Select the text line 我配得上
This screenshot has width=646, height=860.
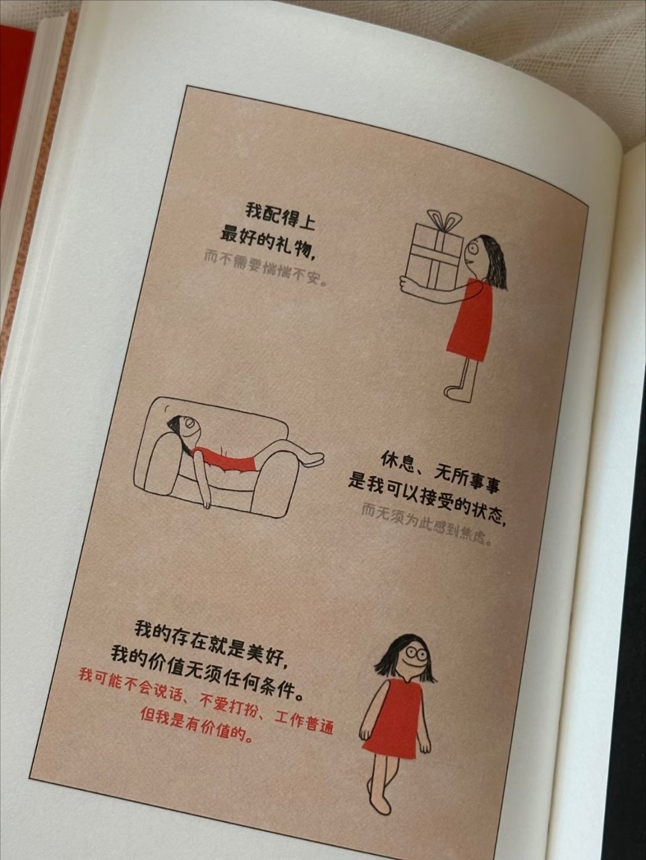[281, 217]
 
